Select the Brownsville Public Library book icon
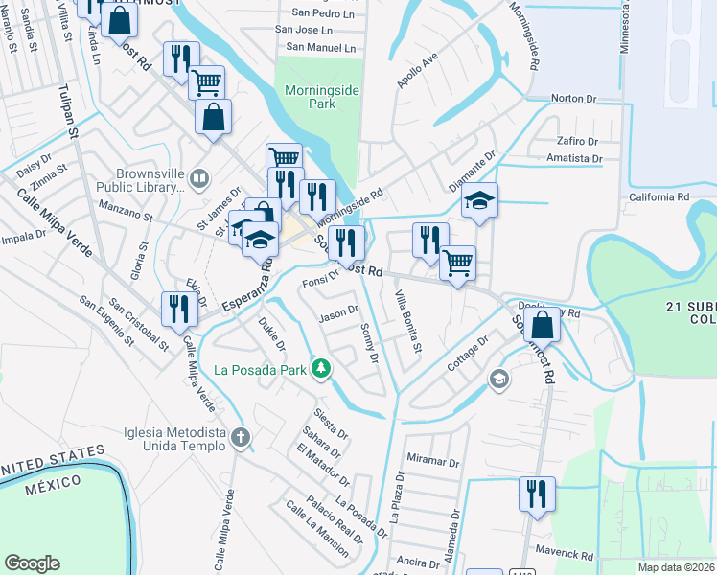pos(198,177)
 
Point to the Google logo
pos(32,563)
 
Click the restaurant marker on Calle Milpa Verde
pos(179,307)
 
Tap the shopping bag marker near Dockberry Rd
pos(543,323)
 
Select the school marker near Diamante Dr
pos(479,199)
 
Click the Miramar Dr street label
pos(434,462)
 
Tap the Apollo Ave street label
pos(418,71)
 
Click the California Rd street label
pos(659,196)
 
